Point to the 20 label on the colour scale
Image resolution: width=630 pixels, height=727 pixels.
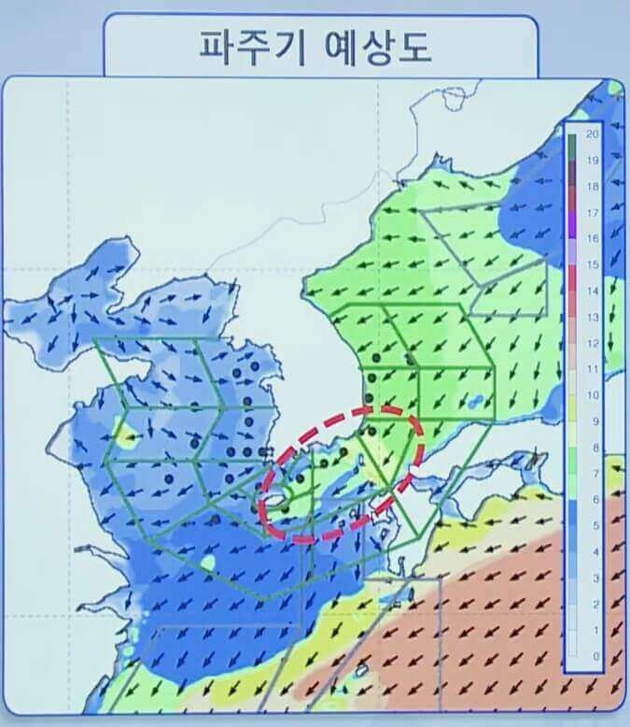592,134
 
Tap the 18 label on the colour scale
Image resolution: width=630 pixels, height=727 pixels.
592,186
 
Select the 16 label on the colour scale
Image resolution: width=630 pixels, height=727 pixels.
592,238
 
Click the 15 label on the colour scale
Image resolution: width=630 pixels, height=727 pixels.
592,265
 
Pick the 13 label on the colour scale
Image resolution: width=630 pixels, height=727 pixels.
592,318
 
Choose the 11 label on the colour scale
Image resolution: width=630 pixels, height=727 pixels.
592,369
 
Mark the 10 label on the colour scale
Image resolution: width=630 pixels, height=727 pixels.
592,395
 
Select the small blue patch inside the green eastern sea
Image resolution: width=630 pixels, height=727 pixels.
477,402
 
